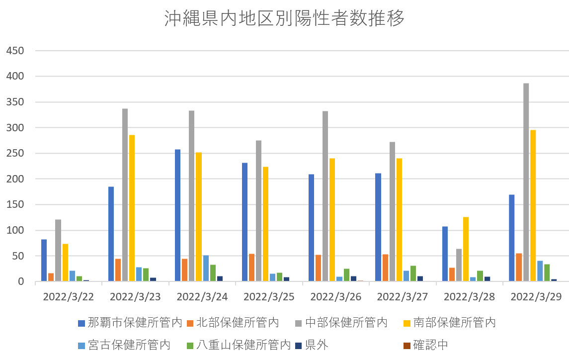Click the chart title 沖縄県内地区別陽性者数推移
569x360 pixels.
click(284, 19)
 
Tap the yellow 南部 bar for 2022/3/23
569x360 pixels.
click(132, 208)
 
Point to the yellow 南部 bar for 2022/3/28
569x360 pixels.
click(466, 249)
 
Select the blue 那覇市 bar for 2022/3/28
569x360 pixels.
click(445, 254)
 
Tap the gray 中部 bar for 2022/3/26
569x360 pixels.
click(325, 196)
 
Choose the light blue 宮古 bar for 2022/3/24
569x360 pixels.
click(206, 269)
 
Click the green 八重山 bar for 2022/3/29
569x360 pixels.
click(547, 273)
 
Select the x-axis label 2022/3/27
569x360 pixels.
click(403, 297)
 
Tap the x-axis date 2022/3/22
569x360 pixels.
click(69, 297)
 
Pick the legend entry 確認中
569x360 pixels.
click(431, 345)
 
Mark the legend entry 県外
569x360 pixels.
click(316, 345)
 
